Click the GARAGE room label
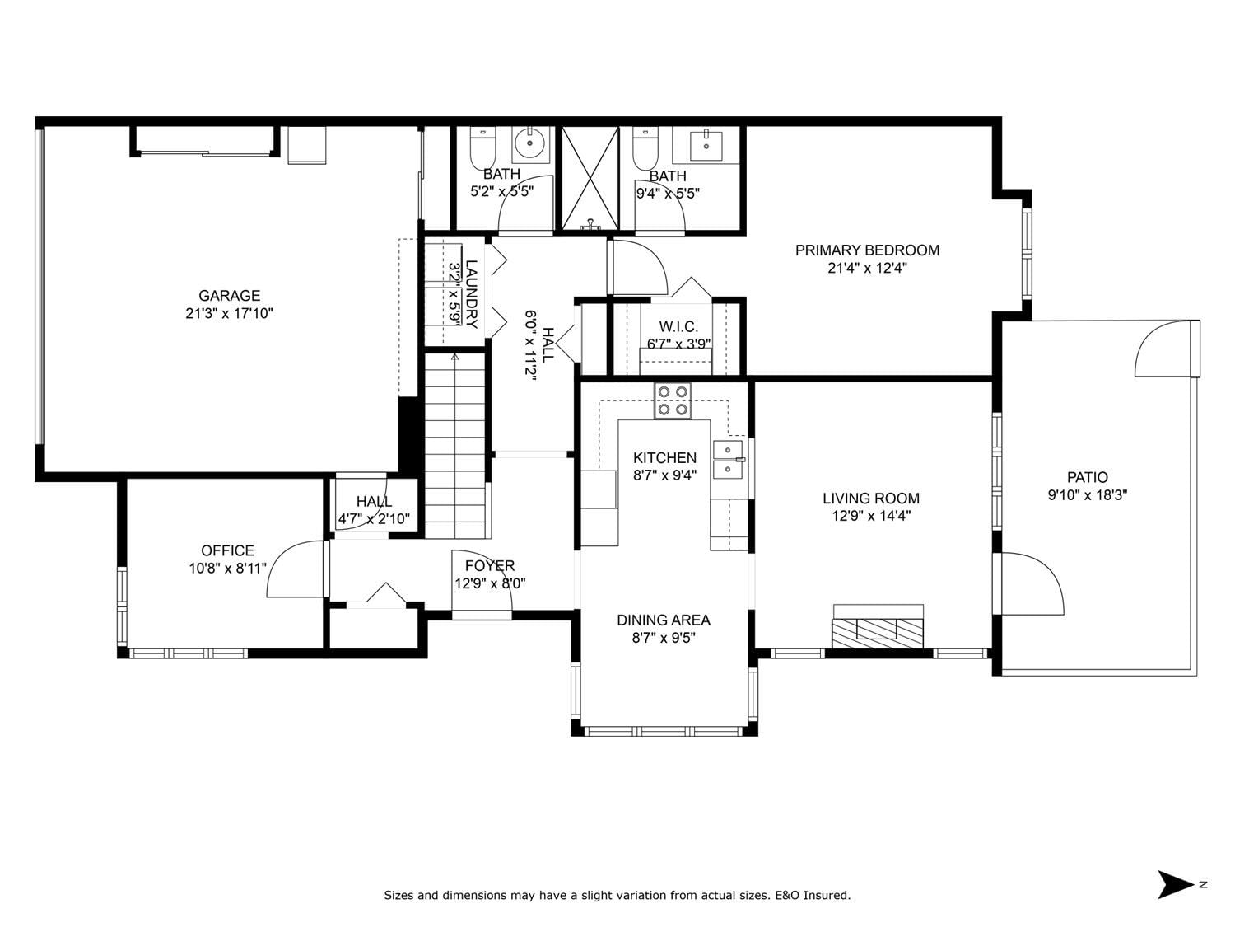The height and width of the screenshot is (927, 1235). pyautogui.click(x=229, y=296)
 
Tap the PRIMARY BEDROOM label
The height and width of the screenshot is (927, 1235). pyautogui.click(x=867, y=250)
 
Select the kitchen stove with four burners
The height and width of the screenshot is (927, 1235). pyautogui.click(x=673, y=400)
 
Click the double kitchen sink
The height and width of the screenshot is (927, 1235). pyautogui.click(x=728, y=459)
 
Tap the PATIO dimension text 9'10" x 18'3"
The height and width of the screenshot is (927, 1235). pyautogui.click(x=1087, y=495)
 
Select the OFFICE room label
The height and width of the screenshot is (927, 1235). pyautogui.click(x=227, y=550)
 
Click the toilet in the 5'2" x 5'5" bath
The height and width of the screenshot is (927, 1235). pyautogui.click(x=482, y=147)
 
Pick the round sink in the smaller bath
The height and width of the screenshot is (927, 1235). pyautogui.click(x=530, y=143)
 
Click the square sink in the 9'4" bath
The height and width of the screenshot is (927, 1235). pyautogui.click(x=706, y=144)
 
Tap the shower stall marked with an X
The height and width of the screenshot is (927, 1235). pyautogui.click(x=590, y=179)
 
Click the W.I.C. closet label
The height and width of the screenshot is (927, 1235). pyautogui.click(x=678, y=326)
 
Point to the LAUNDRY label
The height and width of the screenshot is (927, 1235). pyautogui.click(x=472, y=294)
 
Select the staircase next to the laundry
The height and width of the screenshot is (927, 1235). pyautogui.click(x=454, y=446)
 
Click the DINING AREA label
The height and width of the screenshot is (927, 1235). pyautogui.click(x=664, y=620)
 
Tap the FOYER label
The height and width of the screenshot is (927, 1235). pyautogui.click(x=490, y=565)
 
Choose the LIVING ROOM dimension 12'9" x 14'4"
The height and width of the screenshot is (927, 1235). pyautogui.click(x=871, y=516)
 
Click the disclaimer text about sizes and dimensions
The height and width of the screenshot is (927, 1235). pyautogui.click(x=617, y=895)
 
